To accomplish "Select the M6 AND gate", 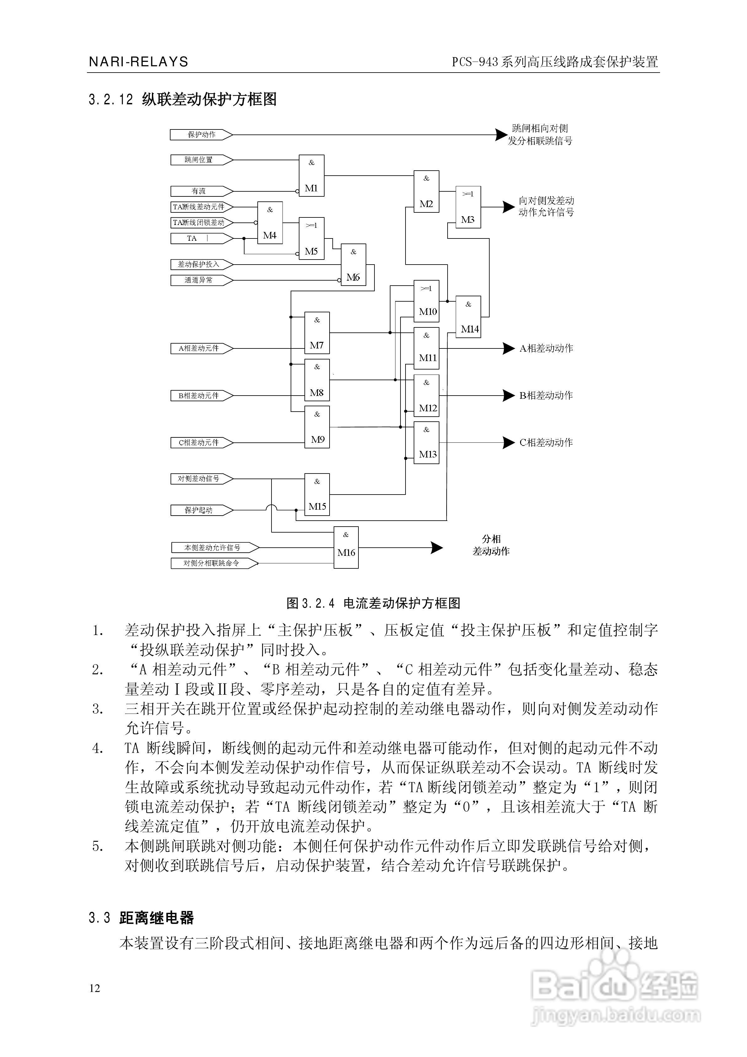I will pos(353,265).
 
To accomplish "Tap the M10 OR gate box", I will pos(427,301).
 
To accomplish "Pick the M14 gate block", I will pos(468,317).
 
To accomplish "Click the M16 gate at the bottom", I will pos(346,547).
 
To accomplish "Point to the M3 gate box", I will pos(468,207).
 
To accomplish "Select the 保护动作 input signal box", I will pos(201,134).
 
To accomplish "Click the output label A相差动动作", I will pos(546,348).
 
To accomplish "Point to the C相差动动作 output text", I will pos(546,442).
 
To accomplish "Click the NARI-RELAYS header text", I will pos(138,62).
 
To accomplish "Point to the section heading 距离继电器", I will pos(156,917).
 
